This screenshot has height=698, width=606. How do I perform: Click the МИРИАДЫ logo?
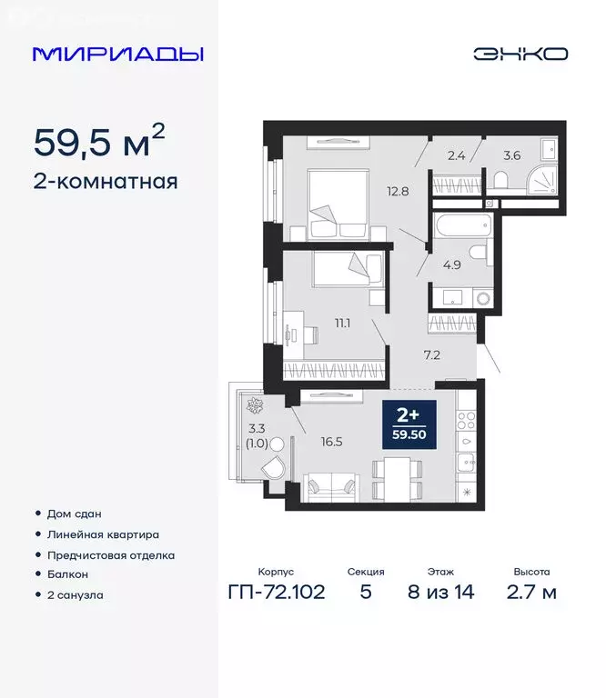point(117,54)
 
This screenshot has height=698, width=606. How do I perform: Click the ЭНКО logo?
point(520,54)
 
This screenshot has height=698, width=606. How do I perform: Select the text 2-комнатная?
point(106,181)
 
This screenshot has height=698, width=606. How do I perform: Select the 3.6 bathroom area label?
point(511,155)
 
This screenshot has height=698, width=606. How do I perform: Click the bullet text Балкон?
point(66,574)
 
